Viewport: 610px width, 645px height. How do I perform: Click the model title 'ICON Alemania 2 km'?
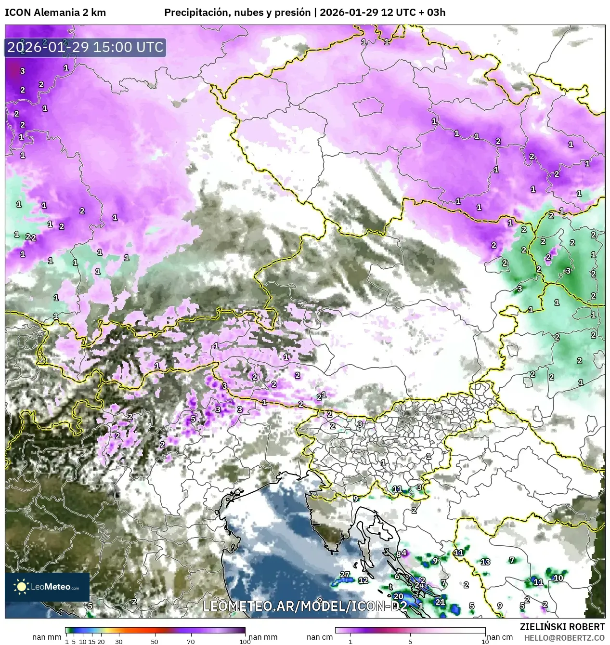55,13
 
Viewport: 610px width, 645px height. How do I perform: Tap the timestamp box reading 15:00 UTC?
85,47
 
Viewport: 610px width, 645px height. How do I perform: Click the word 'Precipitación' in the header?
195,13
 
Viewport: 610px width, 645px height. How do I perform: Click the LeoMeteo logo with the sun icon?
47,587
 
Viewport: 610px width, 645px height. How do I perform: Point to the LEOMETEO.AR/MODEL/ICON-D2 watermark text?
305,606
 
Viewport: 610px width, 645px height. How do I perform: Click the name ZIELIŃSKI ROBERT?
562,627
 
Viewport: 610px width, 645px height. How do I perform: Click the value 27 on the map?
344,574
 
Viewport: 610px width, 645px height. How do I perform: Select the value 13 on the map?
485,562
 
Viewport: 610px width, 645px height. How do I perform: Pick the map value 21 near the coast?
440,602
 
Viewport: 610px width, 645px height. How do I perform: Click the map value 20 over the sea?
398,596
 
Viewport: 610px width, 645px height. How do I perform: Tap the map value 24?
420,585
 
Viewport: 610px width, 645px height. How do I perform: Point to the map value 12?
363,580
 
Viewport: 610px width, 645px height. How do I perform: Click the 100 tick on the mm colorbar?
245,641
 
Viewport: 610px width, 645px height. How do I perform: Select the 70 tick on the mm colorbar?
191,641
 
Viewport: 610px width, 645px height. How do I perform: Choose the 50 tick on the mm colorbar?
155,641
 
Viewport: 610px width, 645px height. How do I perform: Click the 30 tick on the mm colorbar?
118,641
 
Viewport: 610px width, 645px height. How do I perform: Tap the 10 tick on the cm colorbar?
485,642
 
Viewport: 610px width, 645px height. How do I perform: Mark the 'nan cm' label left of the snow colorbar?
320,637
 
